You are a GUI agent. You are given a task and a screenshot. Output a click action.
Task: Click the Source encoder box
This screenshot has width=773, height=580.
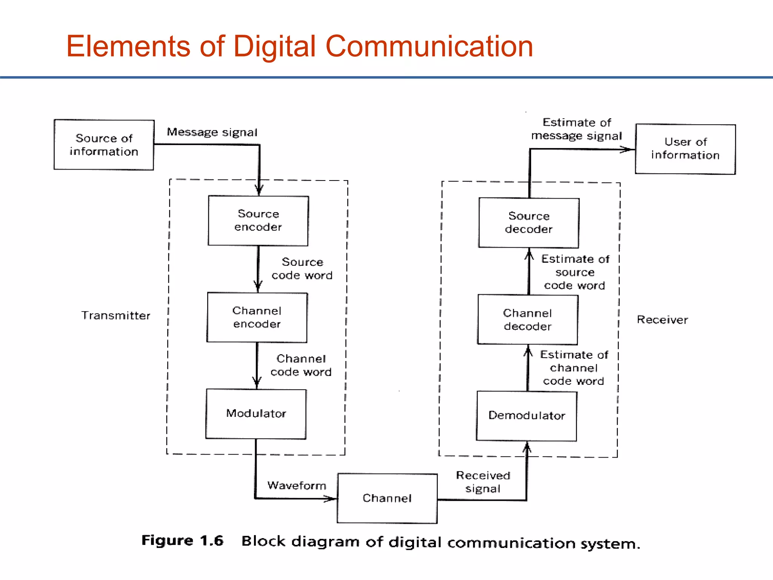pyautogui.click(x=258, y=221)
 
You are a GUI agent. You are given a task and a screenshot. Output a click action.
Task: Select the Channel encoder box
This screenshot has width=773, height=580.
pyautogui.click(x=257, y=317)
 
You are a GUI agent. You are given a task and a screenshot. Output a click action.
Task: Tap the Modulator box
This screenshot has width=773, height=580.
pyautogui.click(x=256, y=414)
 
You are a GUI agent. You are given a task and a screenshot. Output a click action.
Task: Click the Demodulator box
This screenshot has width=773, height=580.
pyautogui.click(x=527, y=416)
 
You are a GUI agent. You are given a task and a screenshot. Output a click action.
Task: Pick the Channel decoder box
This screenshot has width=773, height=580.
pyautogui.click(x=528, y=319)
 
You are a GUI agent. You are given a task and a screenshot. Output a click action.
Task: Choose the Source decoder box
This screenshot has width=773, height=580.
pyautogui.click(x=528, y=223)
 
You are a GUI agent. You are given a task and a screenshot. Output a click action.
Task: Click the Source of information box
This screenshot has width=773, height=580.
pyautogui.click(x=104, y=145)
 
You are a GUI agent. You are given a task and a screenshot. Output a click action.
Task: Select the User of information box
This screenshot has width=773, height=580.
pyautogui.click(x=685, y=149)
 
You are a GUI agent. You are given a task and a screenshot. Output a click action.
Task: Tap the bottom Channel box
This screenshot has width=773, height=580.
pyautogui.click(x=387, y=498)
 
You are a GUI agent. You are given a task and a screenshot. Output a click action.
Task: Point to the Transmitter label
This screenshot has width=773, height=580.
pyautogui.click(x=116, y=315)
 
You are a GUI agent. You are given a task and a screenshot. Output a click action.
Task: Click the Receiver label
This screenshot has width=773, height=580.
pyautogui.click(x=662, y=320)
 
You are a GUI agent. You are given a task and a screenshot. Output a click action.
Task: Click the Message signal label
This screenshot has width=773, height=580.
pyautogui.click(x=212, y=132)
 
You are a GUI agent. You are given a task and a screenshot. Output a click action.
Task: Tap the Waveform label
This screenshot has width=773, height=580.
pyautogui.click(x=297, y=486)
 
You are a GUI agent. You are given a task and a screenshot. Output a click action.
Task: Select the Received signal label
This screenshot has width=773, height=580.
pyautogui.click(x=483, y=482)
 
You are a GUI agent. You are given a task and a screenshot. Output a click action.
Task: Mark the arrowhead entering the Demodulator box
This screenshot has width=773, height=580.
pyautogui.click(x=527, y=448)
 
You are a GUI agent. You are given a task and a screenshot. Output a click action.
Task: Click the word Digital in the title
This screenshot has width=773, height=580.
pyautogui.click(x=274, y=46)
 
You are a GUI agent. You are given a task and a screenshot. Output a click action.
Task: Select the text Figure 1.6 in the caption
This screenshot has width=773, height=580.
pyautogui.click(x=182, y=541)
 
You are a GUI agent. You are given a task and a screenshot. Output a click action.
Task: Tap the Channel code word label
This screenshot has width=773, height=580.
pyautogui.click(x=301, y=365)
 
